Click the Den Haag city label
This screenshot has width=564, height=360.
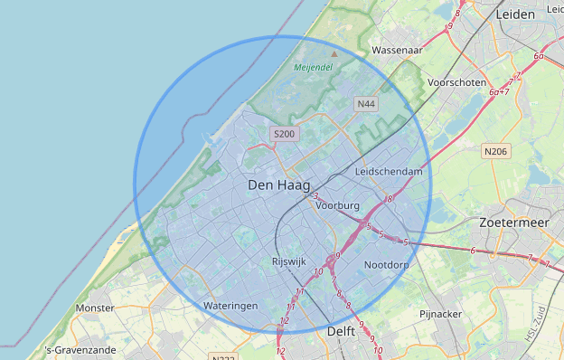point(278,185)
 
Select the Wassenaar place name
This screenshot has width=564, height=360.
point(398,51)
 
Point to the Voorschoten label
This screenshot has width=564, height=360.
point(456,81)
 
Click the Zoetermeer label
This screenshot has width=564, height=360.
point(515,222)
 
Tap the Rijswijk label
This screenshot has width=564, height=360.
point(291,262)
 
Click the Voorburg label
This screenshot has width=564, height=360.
point(338,206)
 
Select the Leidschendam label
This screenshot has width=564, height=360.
point(390,171)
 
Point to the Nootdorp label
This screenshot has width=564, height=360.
point(387,265)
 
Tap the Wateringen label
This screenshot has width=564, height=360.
point(230,306)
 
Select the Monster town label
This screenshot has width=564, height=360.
point(96,308)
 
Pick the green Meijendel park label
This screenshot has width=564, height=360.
point(313,67)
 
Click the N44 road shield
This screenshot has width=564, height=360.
point(366,104)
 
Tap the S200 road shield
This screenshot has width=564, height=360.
point(284,135)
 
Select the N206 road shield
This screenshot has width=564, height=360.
point(494,151)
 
